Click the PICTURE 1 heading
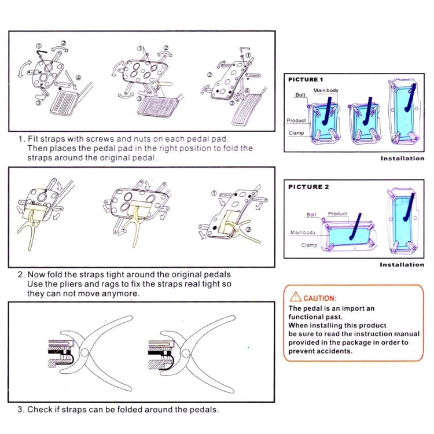click(306, 79)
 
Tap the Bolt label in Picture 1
click(300, 95)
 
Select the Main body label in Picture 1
click(326, 90)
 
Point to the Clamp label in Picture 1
click(296, 133)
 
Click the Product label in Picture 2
click(337, 214)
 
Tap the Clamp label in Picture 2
click(308, 245)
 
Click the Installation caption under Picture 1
click(402, 158)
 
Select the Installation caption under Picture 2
click(402, 264)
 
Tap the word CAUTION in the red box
click(319, 297)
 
